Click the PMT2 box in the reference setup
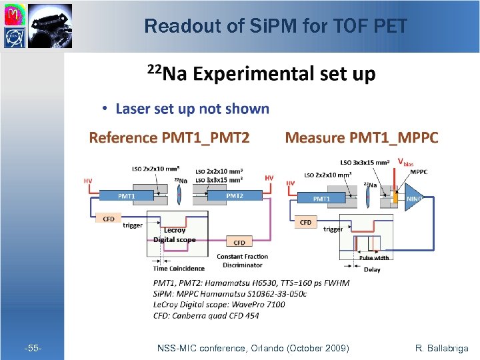[234, 196]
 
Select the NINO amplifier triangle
[413, 199]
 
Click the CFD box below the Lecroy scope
[239, 242]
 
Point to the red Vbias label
[405, 162]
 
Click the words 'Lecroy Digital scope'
[174, 235]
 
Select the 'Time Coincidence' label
[169, 269]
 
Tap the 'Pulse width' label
[374, 257]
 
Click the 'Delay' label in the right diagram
[372, 269]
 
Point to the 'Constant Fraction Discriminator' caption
[243, 261]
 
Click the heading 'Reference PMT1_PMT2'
[169, 138]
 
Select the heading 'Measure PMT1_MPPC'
[361, 138]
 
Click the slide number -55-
[33, 348]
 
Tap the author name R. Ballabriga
[441, 348]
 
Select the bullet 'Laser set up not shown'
[192, 109]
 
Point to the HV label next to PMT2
[269, 178]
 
